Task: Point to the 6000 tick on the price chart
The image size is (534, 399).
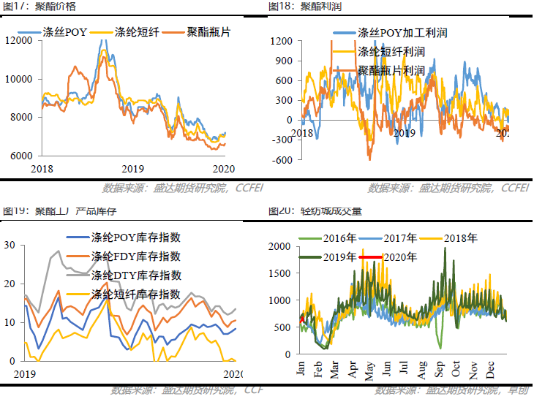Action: click(20, 156)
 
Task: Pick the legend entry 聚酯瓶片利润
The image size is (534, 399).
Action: click(391, 71)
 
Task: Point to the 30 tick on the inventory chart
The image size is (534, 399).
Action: click(10, 245)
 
